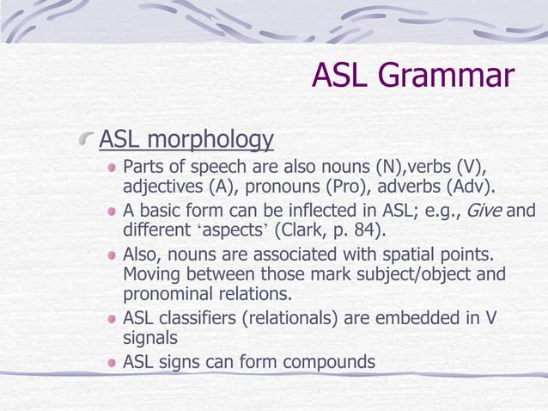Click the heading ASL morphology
(x=186, y=138)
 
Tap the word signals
(x=150, y=340)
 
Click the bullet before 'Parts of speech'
(x=111, y=166)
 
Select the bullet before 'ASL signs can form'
(x=111, y=362)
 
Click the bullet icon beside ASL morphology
(x=87, y=139)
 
